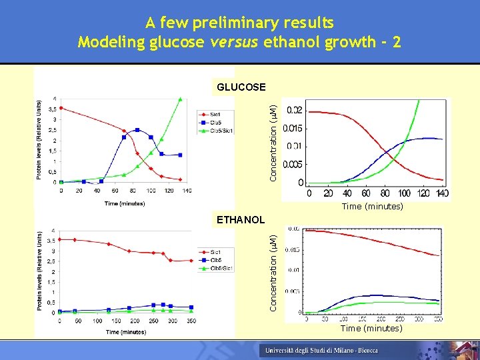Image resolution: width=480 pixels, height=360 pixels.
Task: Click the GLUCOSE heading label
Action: coord(240,87)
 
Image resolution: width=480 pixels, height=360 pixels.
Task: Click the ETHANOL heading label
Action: coord(240,219)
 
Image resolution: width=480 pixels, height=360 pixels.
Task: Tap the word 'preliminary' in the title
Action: coord(246,23)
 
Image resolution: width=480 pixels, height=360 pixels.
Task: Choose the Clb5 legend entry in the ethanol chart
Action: coord(216,260)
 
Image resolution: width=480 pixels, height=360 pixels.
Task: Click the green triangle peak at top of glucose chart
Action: coord(181,100)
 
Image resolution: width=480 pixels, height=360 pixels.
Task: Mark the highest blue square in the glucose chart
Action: coord(137,130)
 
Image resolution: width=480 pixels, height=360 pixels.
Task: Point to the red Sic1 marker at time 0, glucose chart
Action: coord(61,108)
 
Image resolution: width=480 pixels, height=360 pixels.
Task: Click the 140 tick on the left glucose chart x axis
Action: coord(187,191)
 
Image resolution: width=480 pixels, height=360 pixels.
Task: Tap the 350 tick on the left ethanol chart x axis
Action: coord(192,321)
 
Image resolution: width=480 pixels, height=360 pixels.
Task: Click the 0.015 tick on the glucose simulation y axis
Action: coord(293,128)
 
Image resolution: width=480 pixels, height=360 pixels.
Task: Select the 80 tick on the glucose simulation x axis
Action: coord(385,193)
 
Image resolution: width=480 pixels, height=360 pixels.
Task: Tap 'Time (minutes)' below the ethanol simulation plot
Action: coord(371,328)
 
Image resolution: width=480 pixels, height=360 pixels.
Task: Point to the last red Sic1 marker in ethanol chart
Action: coord(191,261)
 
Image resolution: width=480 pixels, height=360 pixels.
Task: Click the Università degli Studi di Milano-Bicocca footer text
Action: coord(321,350)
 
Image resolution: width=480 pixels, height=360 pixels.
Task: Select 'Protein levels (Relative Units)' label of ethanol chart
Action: coord(41,270)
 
